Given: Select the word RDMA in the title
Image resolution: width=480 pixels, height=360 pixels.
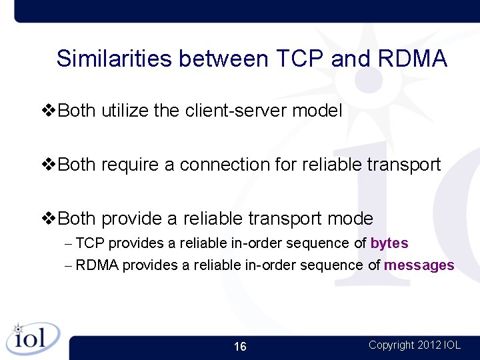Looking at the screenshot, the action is pos(412,59).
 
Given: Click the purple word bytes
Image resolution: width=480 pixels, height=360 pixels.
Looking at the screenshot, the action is pos(389,243).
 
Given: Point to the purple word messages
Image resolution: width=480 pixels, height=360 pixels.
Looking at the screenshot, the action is pos(419,265).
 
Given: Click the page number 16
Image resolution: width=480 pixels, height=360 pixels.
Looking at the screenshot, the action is pos(240,347).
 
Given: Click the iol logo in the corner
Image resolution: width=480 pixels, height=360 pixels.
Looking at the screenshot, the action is pos(31,339).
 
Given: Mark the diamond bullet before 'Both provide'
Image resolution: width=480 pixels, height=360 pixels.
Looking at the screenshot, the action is pos(49,219).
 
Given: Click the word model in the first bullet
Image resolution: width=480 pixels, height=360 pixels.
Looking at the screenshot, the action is pos(317,111).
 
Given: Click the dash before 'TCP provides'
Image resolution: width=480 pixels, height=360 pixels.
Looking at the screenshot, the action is pos(69,244).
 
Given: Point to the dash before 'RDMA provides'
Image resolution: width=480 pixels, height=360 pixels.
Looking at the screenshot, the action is pos(69,266).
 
